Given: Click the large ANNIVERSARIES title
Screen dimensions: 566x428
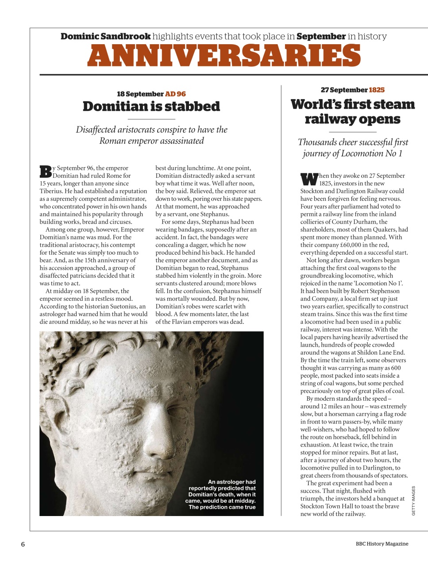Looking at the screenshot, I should point(224,56).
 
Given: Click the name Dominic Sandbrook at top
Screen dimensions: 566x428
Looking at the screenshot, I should point(105,36).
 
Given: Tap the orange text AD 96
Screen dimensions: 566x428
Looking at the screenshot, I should point(175,94).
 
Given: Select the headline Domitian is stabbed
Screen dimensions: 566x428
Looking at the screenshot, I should point(151,107).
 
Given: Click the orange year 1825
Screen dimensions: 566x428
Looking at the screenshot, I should point(377,90).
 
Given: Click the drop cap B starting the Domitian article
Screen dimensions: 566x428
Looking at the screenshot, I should point(46,172).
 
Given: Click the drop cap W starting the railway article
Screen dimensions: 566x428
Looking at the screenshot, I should point(309,179).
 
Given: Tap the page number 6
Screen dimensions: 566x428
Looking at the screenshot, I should point(23,544).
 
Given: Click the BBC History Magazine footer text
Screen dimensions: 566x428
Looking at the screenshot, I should point(382,544).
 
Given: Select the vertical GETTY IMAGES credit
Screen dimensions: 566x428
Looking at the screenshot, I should point(413,501).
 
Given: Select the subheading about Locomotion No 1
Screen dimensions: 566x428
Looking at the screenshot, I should point(352,148).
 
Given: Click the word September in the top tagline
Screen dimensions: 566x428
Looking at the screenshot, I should point(320,36).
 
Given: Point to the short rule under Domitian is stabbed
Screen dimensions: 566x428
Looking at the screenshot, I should point(151,119).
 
